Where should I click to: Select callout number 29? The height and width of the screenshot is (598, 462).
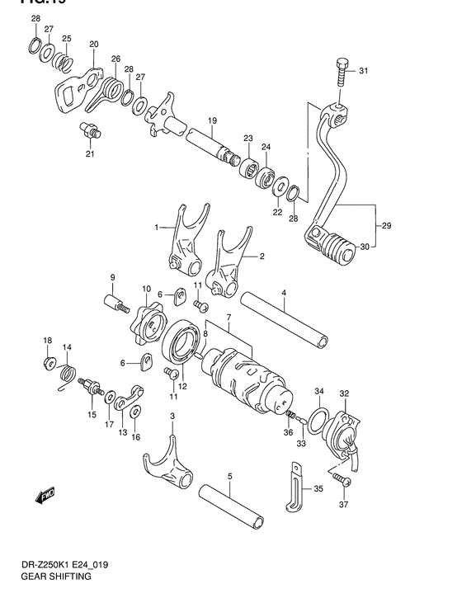(x=386, y=224)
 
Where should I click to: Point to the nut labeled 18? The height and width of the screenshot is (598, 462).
(x=49, y=362)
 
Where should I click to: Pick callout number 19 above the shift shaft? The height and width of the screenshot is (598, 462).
(x=212, y=120)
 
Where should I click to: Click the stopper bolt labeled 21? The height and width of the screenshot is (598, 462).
(x=90, y=129)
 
